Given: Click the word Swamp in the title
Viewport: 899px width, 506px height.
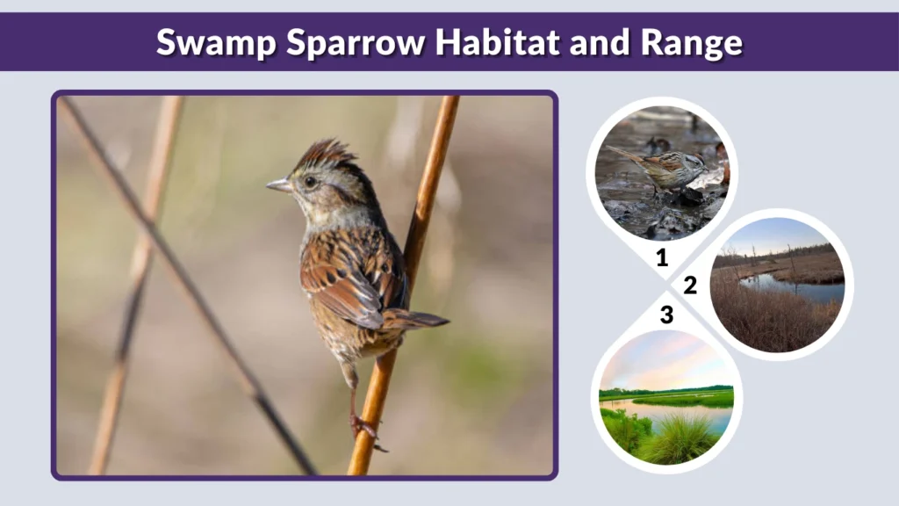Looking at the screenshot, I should click(x=207, y=41).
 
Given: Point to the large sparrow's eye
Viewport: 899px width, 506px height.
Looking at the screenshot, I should click(x=310, y=181).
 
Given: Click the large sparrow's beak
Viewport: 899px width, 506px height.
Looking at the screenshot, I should click(x=279, y=185).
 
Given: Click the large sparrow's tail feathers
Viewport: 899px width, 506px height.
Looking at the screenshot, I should click(x=416, y=321).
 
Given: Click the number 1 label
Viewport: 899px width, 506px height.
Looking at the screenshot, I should click(x=662, y=258).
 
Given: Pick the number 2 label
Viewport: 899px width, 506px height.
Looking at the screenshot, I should click(x=690, y=286).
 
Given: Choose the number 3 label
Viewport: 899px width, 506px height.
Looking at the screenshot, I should click(x=666, y=314).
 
